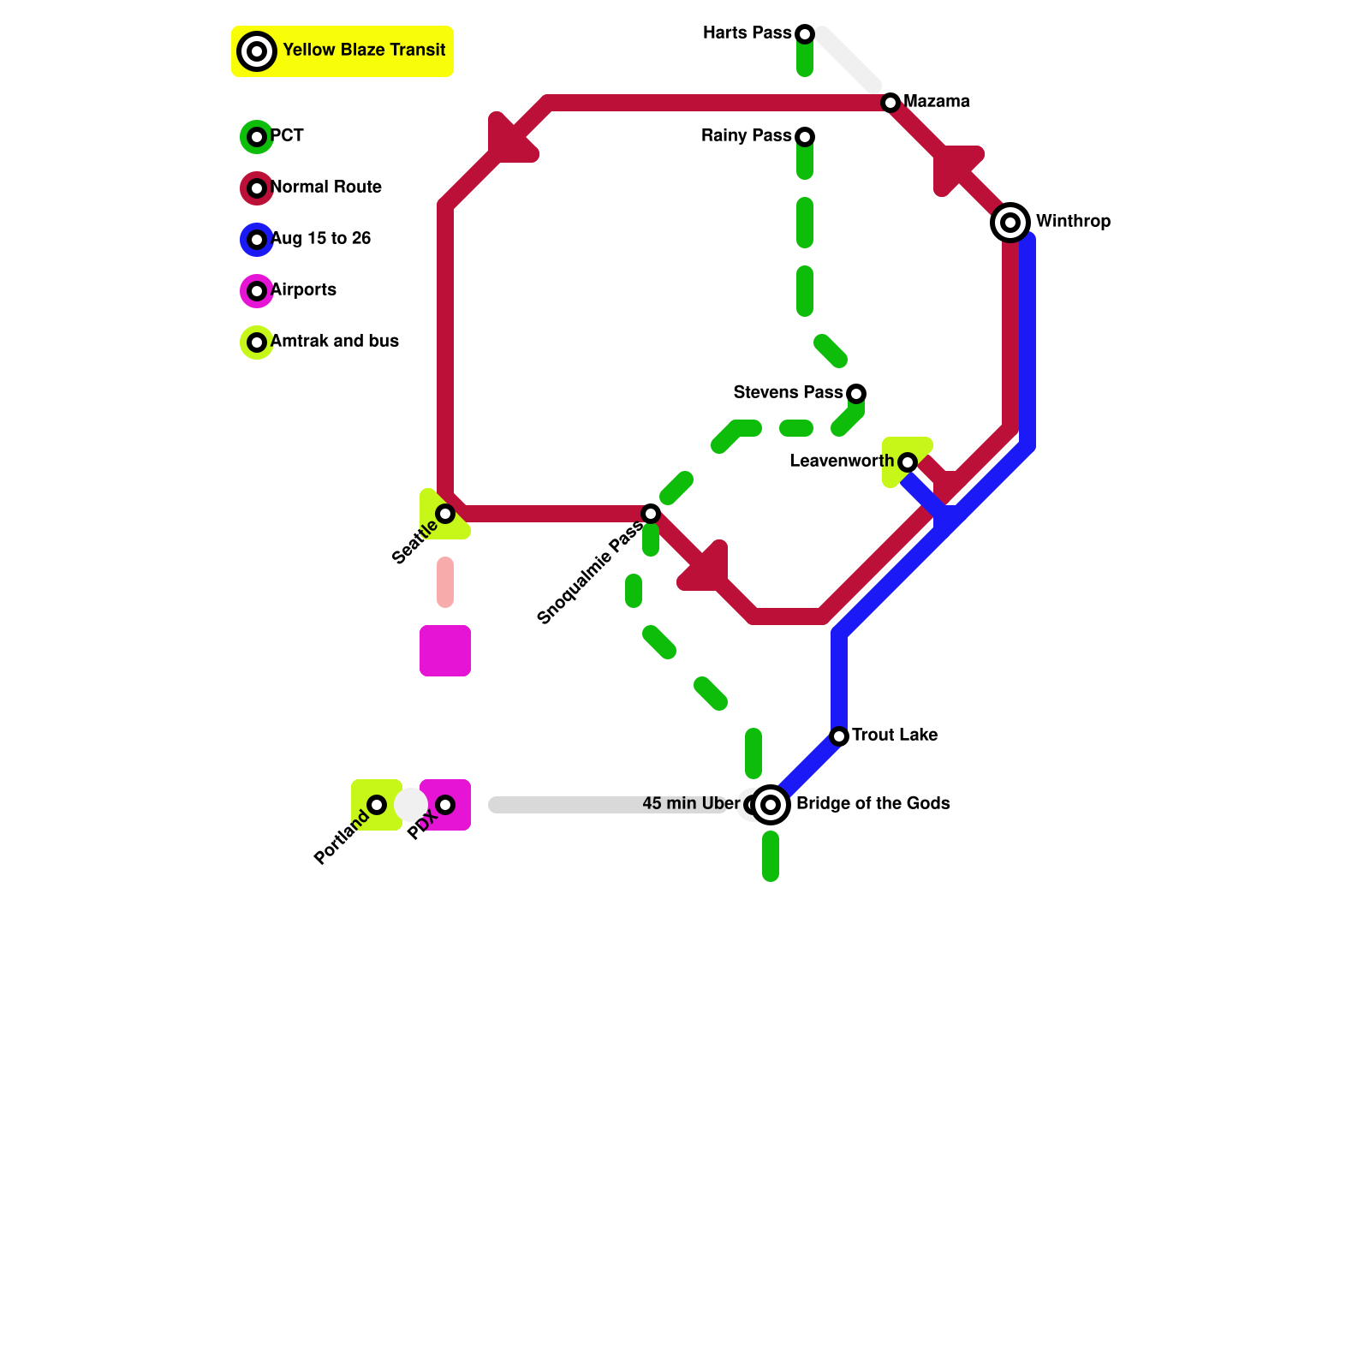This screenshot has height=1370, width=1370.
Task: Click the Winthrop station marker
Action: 1010,223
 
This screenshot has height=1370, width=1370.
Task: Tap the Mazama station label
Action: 936,102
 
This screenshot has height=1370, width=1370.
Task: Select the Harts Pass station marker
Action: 805,34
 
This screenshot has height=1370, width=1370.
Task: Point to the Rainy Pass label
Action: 746,136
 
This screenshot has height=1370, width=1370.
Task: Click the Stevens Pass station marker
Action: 856,394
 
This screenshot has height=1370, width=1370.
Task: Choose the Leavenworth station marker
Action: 908,462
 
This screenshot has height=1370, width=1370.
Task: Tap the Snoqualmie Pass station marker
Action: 651,514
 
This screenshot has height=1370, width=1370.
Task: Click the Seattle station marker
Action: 445,514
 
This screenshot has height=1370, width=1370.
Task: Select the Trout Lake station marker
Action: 839,736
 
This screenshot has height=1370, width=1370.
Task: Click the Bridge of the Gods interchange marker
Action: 771,805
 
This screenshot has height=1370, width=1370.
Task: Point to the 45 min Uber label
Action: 690,804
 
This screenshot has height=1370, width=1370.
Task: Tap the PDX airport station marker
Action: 445,805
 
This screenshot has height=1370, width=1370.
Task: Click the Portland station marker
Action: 377,805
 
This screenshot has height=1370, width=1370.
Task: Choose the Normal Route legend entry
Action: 325,188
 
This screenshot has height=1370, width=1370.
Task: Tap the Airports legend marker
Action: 257,291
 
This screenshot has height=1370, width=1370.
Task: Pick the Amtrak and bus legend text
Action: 334,342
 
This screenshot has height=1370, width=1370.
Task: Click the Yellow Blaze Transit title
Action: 364,51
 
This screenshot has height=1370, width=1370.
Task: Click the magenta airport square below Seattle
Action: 445,651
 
